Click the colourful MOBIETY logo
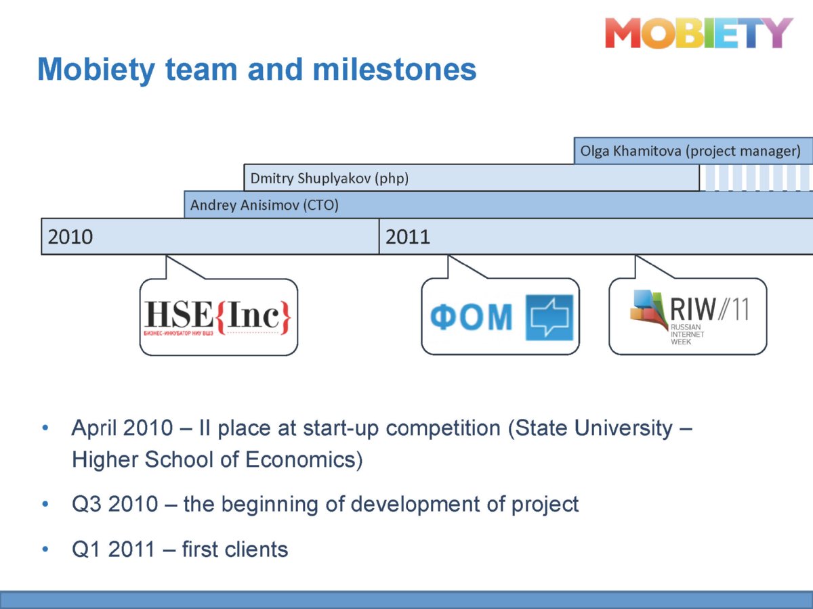point(699,33)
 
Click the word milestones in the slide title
point(394,70)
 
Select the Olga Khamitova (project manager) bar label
point(690,151)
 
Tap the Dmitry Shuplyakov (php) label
point(329,179)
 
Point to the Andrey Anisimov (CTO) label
point(264,205)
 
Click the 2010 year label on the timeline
point(70,237)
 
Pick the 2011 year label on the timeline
point(408,237)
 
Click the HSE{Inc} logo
point(217,317)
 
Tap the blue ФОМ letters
point(471,317)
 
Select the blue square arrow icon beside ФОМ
point(549,317)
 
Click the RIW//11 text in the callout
point(709,309)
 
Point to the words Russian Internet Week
point(687,334)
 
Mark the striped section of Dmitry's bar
point(755,178)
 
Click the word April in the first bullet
point(94,429)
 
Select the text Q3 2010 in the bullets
point(114,504)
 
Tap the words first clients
point(235,549)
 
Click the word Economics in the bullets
point(304,459)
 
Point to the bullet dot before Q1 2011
point(45,549)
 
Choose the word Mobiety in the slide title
point(96,70)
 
